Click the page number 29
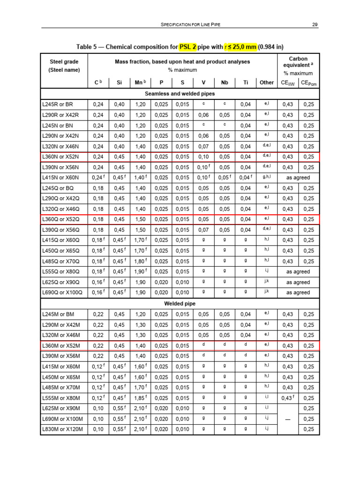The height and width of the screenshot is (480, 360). pyautogui.click(x=315, y=25)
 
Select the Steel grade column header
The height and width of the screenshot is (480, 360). pyautogui.click(x=64, y=66)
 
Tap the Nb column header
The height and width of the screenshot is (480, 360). pyautogui.click(x=225, y=82)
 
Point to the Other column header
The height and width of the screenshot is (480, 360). pyautogui.click(x=266, y=82)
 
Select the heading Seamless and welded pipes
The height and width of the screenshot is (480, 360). pyautogui.click(x=180, y=93)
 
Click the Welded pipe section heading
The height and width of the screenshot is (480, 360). pyautogui.click(x=180, y=303)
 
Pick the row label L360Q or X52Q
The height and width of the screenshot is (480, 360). pyautogui.click(x=61, y=219)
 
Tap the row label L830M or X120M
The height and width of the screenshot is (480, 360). pyautogui.click(x=62, y=429)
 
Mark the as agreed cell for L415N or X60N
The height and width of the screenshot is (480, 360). pyautogui.click(x=298, y=177)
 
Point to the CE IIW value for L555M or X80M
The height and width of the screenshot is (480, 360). pyautogui.click(x=287, y=397)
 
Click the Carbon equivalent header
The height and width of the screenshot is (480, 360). pyautogui.click(x=298, y=66)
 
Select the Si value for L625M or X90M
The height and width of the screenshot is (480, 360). pyautogui.click(x=119, y=408)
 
